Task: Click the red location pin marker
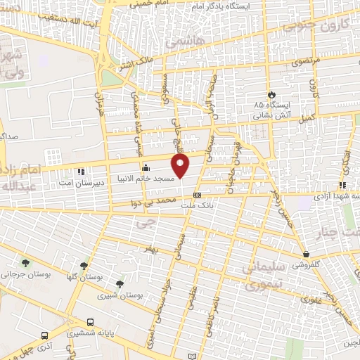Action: [181, 166]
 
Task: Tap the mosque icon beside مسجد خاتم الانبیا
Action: [146, 167]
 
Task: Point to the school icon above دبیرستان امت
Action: [82, 171]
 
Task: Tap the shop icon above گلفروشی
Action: [306, 254]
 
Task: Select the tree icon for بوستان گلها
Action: [84, 266]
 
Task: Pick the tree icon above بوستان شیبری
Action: [120, 285]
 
